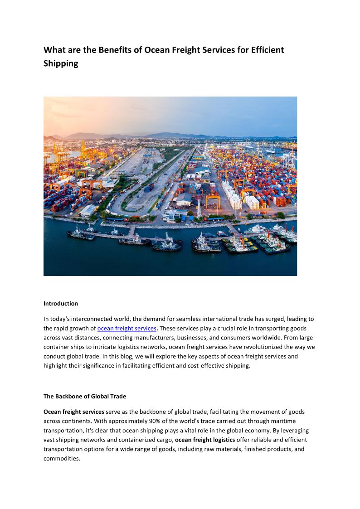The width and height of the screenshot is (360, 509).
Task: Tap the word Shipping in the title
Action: [x=61, y=63]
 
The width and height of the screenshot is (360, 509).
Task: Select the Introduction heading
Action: [x=61, y=304]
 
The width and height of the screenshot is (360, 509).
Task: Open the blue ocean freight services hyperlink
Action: [x=126, y=328]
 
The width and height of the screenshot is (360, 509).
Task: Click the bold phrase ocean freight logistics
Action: [x=205, y=440]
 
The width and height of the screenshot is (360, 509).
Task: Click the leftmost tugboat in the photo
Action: [x=81, y=233]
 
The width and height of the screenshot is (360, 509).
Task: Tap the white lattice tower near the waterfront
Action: [x=198, y=209]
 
